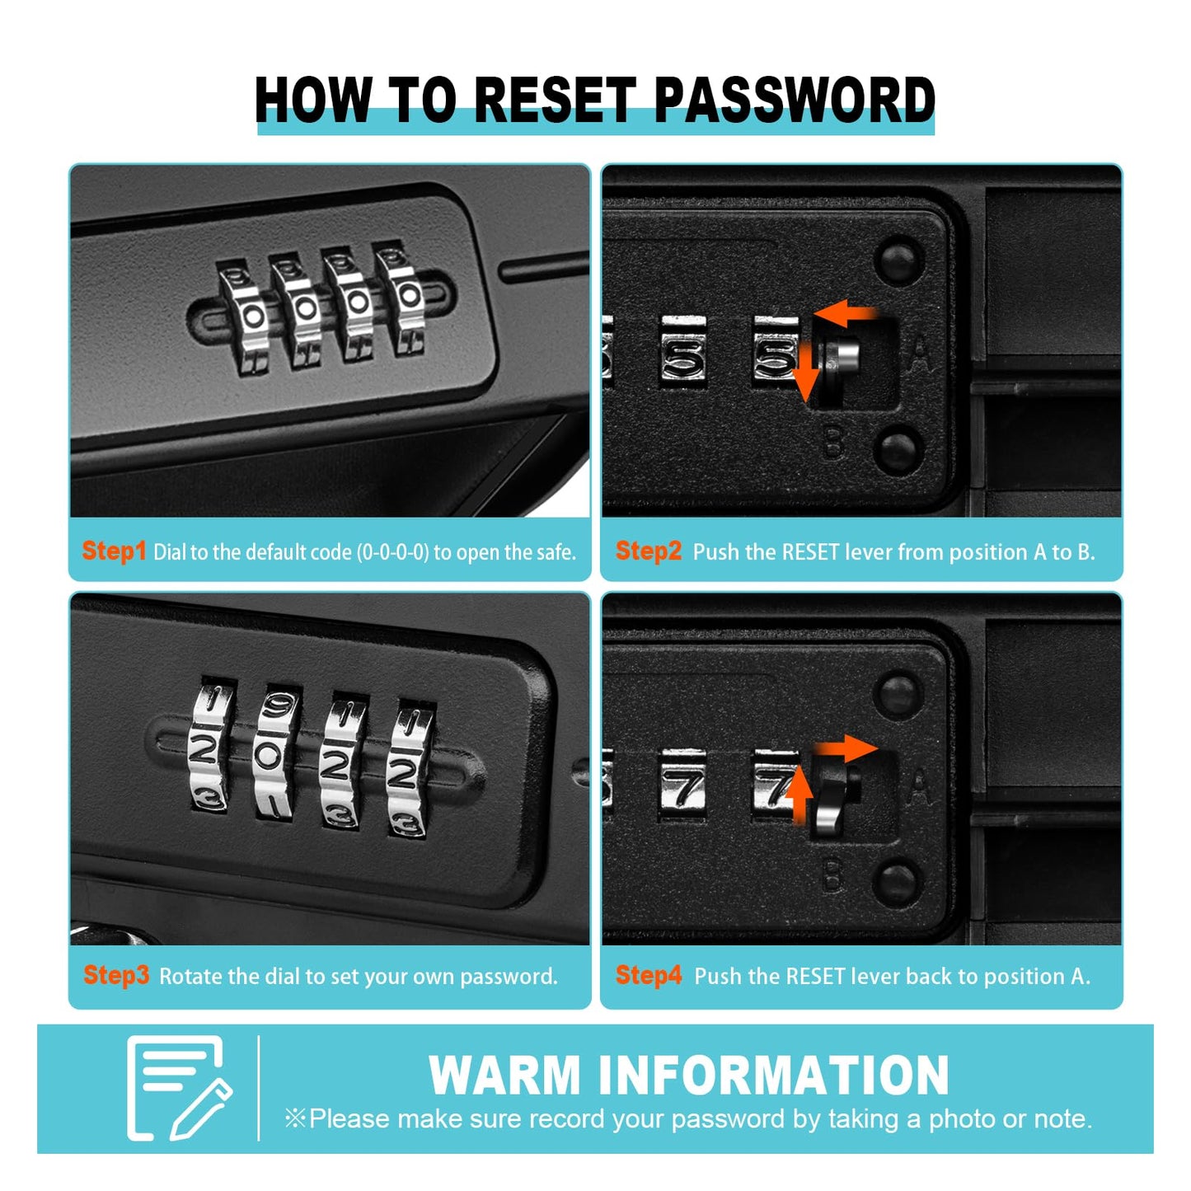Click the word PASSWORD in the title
(x=794, y=100)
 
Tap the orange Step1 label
(x=114, y=551)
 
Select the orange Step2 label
(x=649, y=551)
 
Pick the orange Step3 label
(x=116, y=976)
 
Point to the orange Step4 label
(x=649, y=976)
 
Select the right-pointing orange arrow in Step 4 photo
(x=846, y=749)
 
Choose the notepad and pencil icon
(x=178, y=1088)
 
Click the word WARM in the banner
(x=504, y=1076)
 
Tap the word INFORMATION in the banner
(x=774, y=1076)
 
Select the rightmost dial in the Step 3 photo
(x=407, y=771)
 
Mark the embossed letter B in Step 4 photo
(x=832, y=875)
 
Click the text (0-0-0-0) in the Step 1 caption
(x=393, y=552)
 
